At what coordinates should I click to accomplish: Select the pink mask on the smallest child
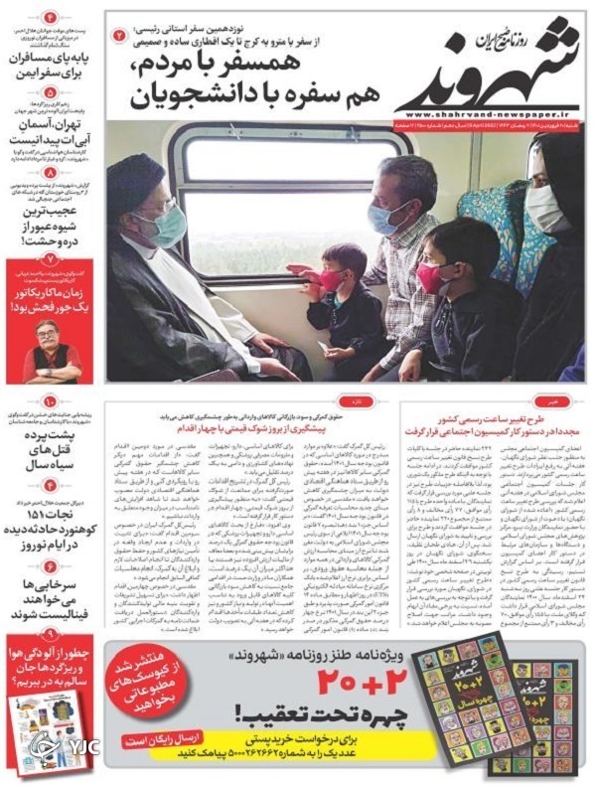click(x=331, y=280)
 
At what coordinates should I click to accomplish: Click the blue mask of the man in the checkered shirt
click(x=384, y=218)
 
